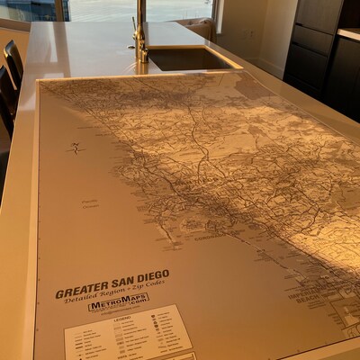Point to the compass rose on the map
75,148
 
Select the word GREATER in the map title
77,291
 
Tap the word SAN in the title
117,283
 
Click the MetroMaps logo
118,303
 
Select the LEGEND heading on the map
122,318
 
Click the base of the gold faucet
141,58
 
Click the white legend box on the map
126,337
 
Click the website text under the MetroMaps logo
120,310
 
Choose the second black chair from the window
6,94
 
